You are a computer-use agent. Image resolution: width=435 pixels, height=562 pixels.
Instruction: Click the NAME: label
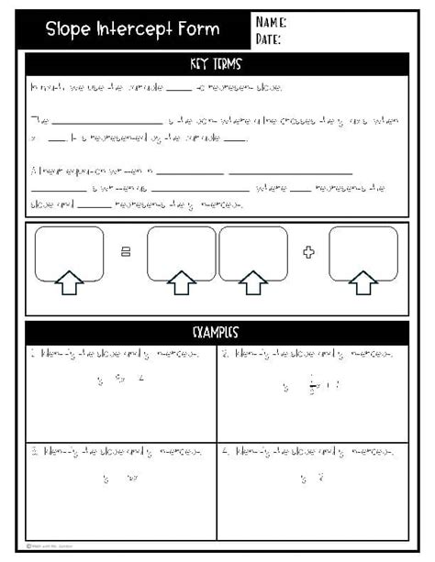(271, 22)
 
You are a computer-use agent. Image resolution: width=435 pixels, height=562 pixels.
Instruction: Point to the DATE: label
(269, 39)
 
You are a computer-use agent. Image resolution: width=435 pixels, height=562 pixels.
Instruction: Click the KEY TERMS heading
(217, 65)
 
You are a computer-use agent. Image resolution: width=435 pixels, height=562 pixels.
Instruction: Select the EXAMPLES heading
(217, 331)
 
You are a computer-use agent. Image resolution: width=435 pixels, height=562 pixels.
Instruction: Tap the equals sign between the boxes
(126, 252)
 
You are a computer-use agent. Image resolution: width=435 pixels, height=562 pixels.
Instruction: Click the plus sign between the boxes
(308, 252)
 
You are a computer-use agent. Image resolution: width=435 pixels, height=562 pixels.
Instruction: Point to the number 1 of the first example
(32, 354)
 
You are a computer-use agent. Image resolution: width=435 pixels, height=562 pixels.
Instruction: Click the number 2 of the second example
(225, 354)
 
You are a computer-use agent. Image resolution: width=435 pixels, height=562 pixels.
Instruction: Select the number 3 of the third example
(33, 452)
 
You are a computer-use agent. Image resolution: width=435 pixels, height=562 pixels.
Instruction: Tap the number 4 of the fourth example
(226, 452)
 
